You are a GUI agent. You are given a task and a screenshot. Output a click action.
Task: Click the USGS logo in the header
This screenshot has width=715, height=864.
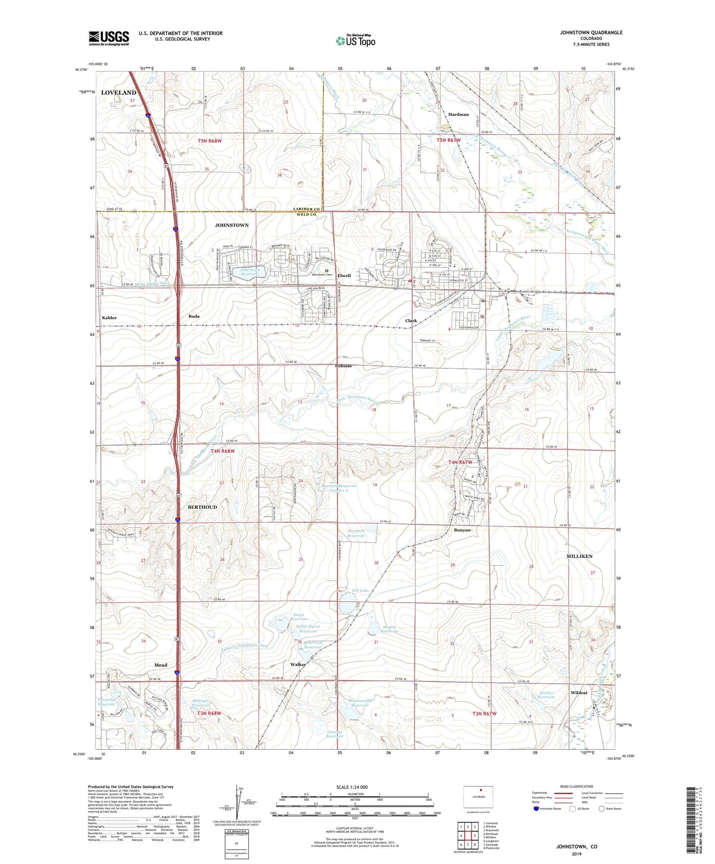(x=109, y=38)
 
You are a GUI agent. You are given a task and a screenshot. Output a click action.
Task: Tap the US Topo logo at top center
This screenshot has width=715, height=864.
(x=355, y=41)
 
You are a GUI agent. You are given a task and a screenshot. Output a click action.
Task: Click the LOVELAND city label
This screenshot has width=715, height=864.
(x=118, y=93)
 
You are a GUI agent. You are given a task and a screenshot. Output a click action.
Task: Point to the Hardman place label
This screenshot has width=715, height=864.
(x=458, y=114)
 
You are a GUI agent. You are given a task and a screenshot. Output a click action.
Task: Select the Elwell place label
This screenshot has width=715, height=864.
(x=344, y=276)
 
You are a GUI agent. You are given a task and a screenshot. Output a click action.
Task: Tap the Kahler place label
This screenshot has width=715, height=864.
(x=109, y=318)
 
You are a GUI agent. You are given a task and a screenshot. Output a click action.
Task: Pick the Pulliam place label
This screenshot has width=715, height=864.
(x=343, y=366)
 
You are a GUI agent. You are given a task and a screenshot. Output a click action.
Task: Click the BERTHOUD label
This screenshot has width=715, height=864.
(x=202, y=507)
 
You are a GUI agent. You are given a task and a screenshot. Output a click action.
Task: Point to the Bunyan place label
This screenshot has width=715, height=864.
(x=462, y=530)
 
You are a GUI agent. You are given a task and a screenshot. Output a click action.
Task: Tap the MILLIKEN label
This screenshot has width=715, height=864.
(x=579, y=556)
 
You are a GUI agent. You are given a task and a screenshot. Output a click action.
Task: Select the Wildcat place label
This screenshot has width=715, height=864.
(x=579, y=693)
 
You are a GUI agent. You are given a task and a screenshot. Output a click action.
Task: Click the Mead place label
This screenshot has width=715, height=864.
(x=161, y=665)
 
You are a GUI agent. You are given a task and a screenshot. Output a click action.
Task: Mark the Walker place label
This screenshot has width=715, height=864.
(x=298, y=664)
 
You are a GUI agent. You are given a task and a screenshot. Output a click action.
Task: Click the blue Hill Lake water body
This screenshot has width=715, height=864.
(x=348, y=603)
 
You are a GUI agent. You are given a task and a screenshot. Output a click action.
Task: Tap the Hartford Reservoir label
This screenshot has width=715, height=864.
(x=356, y=533)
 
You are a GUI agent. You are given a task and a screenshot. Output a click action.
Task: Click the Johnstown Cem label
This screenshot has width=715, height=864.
(x=322, y=275)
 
